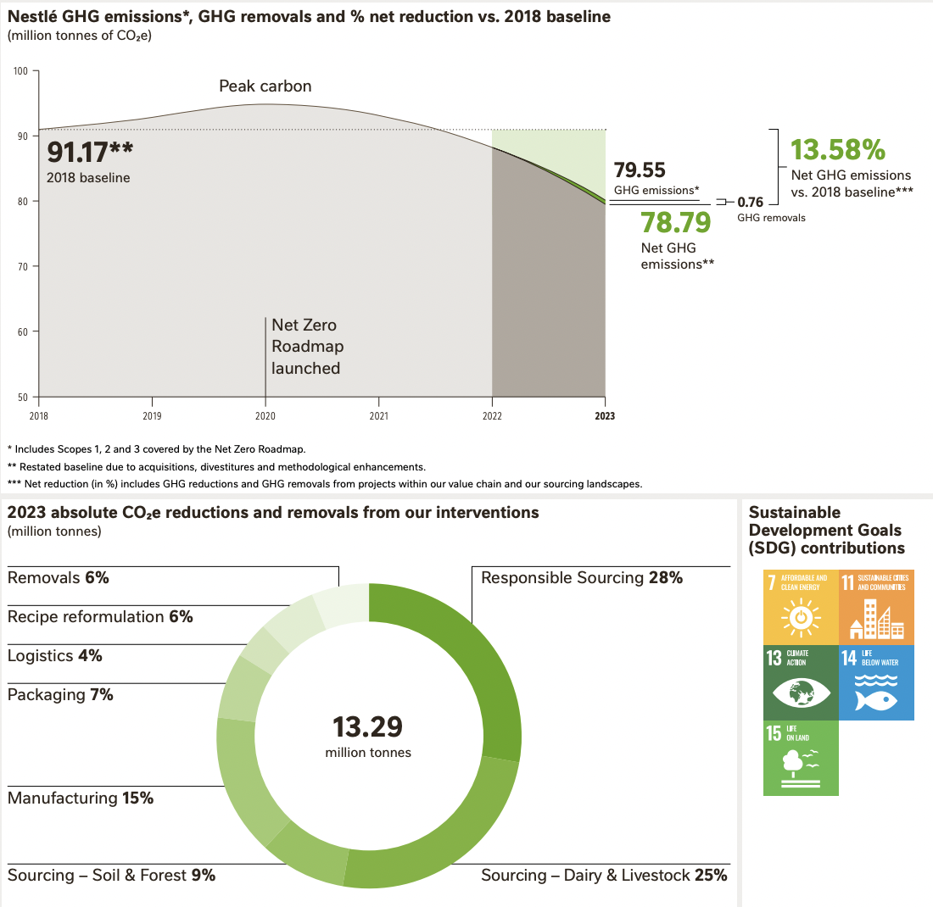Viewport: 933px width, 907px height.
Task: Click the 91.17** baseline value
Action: (x=90, y=153)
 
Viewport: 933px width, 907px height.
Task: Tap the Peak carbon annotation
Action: (x=265, y=86)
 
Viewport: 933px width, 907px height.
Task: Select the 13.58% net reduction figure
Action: (x=838, y=150)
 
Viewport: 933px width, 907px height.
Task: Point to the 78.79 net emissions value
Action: (x=677, y=222)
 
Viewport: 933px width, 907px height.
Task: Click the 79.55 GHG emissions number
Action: (x=640, y=170)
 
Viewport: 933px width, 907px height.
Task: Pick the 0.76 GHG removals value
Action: (x=751, y=203)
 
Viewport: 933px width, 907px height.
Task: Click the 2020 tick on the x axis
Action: (x=265, y=416)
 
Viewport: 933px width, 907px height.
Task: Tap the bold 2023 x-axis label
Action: (x=605, y=416)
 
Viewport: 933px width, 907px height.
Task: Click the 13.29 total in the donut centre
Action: (x=368, y=727)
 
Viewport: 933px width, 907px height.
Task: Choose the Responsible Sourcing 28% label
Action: (x=582, y=578)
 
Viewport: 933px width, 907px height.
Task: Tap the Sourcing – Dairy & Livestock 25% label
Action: (x=604, y=876)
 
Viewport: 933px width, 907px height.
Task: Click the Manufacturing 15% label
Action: (x=81, y=798)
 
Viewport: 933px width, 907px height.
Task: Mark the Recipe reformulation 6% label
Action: (x=100, y=616)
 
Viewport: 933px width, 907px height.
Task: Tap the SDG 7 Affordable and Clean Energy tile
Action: (x=801, y=607)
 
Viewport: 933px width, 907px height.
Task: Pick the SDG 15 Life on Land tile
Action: (x=801, y=758)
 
